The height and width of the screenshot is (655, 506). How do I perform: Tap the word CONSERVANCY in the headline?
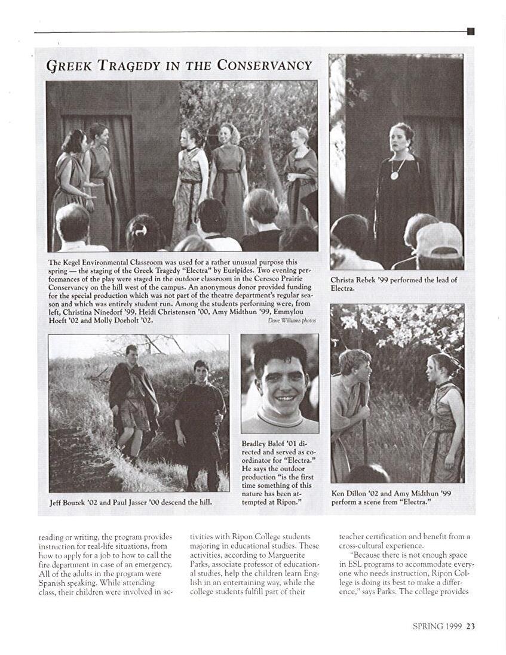click(264, 65)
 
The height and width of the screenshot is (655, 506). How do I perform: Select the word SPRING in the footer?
click(428, 626)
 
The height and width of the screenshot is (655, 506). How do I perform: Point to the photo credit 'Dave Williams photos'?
click(292, 321)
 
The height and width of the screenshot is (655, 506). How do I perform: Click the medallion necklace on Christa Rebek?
click(394, 174)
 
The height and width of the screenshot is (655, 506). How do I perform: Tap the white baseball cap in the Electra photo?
click(440, 239)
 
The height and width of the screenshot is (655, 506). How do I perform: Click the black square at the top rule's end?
click(471, 31)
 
